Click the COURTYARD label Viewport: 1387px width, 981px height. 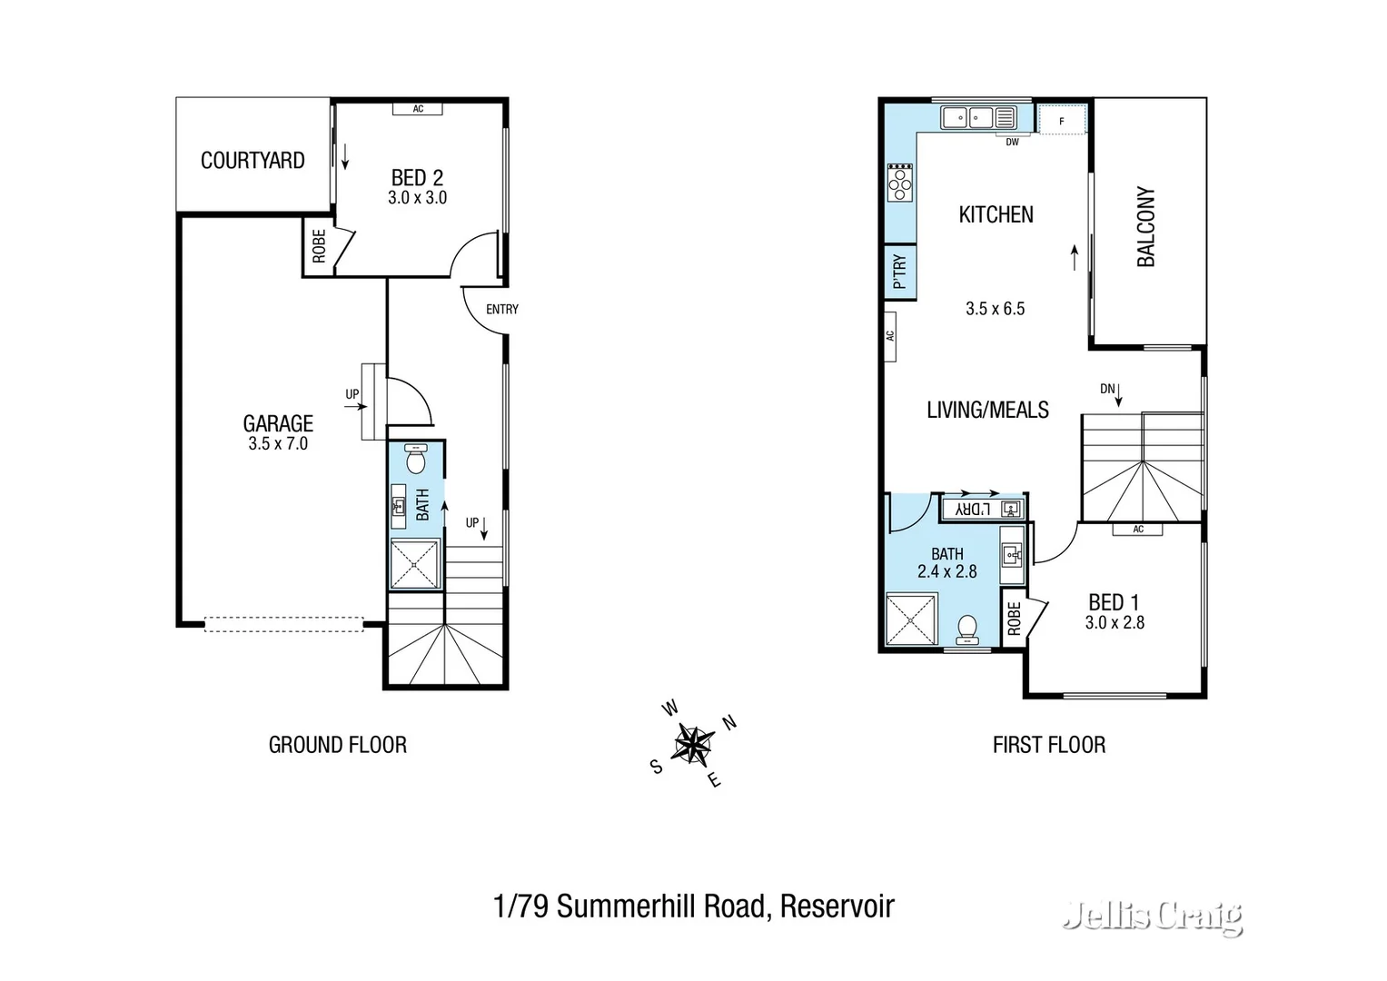[x=253, y=161]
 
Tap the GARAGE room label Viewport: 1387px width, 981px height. [x=278, y=423]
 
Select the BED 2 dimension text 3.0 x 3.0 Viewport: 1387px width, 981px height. [x=417, y=198]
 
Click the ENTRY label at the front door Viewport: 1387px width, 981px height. [x=501, y=310]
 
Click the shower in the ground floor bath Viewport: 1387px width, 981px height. [x=415, y=564]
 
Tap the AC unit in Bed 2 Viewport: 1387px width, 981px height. [x=418, y=109]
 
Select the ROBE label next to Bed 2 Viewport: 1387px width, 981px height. [x=319, y=246]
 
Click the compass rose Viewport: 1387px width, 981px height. [x=693, y=745]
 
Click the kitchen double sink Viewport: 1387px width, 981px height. [x=966, y=117]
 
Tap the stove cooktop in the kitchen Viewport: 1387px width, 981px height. [x=899, y=182]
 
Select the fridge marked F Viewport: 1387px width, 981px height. [x=1062, y=121]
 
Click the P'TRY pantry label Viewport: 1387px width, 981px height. [x=899, y=272]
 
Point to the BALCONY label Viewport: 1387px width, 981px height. [x=1146, y=227]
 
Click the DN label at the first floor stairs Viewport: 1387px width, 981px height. [x=1107, y=389]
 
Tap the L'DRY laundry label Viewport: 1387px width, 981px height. [x=972, y=509]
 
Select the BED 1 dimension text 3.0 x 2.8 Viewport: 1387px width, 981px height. [x=1115, y=623]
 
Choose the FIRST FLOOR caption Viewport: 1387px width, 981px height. [x=1049, y=745]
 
